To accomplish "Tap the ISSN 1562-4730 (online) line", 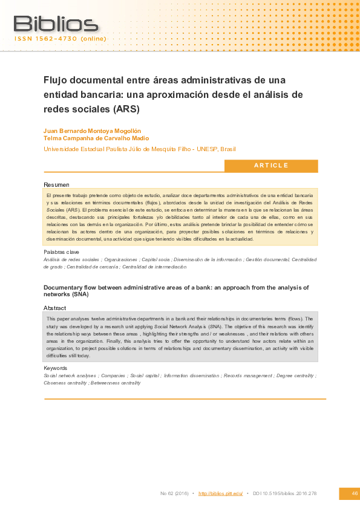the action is coord(61,39).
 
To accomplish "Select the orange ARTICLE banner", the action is coord(271,166).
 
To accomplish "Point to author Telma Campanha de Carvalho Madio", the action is coord(100,138).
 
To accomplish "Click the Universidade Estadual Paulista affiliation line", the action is coord(140,149).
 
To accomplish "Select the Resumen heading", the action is coord(56,184).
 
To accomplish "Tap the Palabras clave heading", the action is coord(61,251).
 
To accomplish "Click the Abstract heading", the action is coord(55,308).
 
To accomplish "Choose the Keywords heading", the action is coord(56,368).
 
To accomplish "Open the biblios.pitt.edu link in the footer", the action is coord(220,494).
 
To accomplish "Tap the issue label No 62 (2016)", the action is coord(174,494).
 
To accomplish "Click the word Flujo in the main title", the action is coord(56,80).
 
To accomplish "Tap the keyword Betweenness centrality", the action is coord(116,383).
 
